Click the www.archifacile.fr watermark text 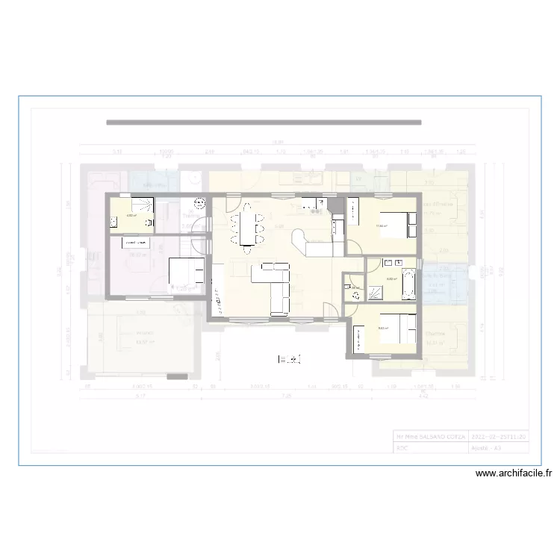(514, 473)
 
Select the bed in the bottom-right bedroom (399, 329)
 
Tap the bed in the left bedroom (184, 273)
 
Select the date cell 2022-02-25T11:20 (499, 436)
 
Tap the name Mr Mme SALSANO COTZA (431, 436)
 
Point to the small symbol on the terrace (290, 360)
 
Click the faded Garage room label (144, 333)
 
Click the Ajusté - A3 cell (490, 448)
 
